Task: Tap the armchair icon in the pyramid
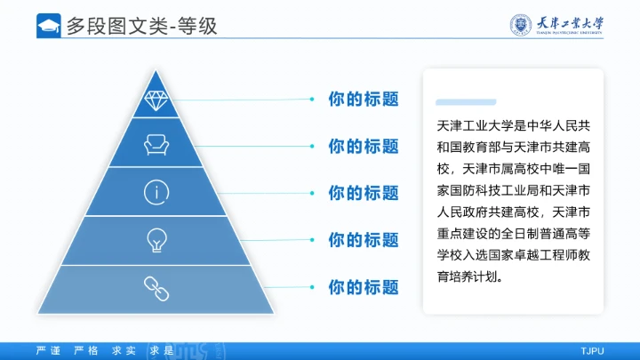pos(156,144)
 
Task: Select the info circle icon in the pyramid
pos(156,191)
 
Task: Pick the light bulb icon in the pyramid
pos(156,238)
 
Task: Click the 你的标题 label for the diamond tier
pos(363,99)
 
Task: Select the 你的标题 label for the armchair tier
pos(363,146)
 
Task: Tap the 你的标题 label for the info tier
pos(363,193)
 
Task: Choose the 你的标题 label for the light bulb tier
pos(363,240)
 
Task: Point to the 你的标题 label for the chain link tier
pos(363,287)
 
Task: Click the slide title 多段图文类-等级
pos(141,27)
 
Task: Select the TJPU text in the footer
pos(592,350)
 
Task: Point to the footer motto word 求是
pos(162,350)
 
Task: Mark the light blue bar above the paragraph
pos(466,102)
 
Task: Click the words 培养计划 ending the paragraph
pos(476,276)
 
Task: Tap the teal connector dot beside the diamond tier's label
pos(311,99)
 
